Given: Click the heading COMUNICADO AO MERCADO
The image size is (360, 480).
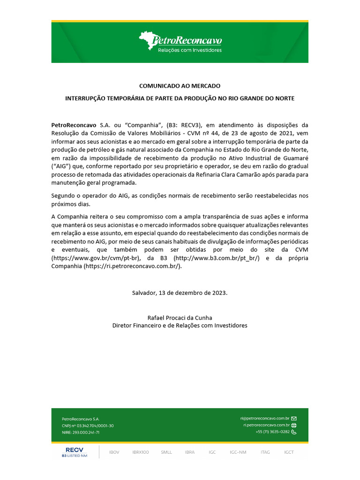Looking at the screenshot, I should pos(180,86).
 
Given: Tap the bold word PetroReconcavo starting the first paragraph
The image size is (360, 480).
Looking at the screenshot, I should pos(73,125).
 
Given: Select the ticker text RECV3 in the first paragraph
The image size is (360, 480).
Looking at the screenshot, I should pos(190,125).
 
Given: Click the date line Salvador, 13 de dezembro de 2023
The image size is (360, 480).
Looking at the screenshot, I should pos(180,292).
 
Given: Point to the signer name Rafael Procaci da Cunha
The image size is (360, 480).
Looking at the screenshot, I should pos(180,317).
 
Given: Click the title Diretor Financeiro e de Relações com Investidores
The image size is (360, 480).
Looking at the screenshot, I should pos(180,325).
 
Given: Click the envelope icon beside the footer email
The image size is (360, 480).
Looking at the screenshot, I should pos(294,418).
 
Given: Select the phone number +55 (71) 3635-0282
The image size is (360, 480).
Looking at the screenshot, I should pos(272,432).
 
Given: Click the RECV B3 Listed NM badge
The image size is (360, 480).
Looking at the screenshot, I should pos(74,452).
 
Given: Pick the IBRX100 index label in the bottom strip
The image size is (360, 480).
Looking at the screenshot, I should pos(140,452).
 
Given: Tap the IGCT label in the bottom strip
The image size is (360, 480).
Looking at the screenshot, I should pos(289,452).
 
